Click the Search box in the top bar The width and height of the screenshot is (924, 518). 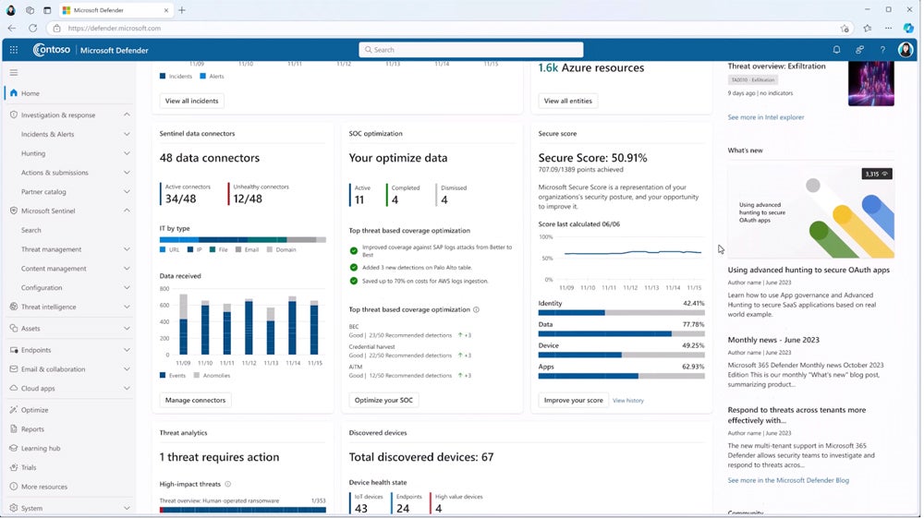[x=471, y=50]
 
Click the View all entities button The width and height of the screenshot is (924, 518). [x=567, y=101]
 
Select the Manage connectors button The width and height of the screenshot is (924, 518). [x=195, y=400]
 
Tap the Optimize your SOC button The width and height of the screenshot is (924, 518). [x=383, y=400]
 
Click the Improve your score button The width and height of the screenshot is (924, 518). [x=573, y=400]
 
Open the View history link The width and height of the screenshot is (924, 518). [x=628, y=401]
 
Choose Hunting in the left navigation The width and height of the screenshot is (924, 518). [x=33, y=153]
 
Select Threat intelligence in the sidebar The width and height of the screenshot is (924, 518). [x=48, y=307]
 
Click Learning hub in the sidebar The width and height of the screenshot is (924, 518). [x=41, y=448]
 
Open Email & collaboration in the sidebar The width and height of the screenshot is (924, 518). [x=53, y=369]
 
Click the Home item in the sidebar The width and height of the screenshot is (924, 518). [x=30, y=93]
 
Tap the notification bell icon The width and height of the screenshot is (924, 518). [x=836, y=50]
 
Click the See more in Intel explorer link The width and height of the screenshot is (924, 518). [x=765, y=117]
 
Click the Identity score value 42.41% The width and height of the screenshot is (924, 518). [x=693, y=303]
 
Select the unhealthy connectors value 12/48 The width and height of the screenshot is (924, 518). [x=247, y=199]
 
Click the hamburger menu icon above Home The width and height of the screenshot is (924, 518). [x=14, y=72]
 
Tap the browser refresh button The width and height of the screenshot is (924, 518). [x=32, y=29]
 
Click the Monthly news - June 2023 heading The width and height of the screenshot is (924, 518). [x=772, y=340]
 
